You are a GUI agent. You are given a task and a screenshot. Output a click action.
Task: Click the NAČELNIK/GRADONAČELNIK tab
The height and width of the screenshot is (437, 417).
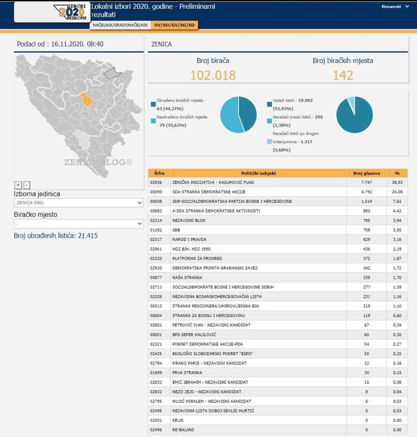(120, 25)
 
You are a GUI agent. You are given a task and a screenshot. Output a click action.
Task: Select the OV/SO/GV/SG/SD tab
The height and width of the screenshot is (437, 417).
(175, 25)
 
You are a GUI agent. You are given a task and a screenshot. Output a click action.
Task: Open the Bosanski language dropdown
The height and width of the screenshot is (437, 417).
(395, 6)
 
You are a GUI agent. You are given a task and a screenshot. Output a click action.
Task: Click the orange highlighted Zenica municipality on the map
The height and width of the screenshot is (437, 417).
(86, 99)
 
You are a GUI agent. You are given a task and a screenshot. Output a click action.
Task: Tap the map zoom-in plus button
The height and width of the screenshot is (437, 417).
(19, 185)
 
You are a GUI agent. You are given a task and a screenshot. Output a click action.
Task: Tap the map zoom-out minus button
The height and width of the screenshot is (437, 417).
(27, 185)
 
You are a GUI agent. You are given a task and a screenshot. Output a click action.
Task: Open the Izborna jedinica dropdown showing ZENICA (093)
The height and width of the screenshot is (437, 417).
(79, 203)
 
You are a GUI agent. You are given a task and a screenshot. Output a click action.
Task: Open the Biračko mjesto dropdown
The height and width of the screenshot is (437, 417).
(79, 224)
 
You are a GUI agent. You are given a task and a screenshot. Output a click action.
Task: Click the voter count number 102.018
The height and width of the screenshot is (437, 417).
(213, 75)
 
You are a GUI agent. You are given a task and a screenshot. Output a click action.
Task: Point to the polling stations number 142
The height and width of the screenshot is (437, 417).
(343, 75)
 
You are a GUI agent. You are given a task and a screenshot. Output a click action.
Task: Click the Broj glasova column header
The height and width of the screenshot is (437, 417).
(366, 173)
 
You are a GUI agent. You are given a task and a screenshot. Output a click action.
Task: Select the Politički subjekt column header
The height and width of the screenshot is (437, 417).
(259, 173)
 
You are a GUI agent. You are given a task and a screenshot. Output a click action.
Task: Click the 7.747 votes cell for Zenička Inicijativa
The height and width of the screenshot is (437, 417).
(366, 182)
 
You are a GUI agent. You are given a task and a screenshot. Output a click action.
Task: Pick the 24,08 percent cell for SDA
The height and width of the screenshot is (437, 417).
(397, 192)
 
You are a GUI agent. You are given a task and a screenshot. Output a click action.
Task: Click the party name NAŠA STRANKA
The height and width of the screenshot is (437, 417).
(187, 277)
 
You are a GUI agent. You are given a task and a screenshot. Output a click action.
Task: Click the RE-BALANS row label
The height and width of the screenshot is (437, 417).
(183, 430)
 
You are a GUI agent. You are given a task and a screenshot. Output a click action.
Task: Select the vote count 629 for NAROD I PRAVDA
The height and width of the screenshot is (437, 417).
(366, 239)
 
